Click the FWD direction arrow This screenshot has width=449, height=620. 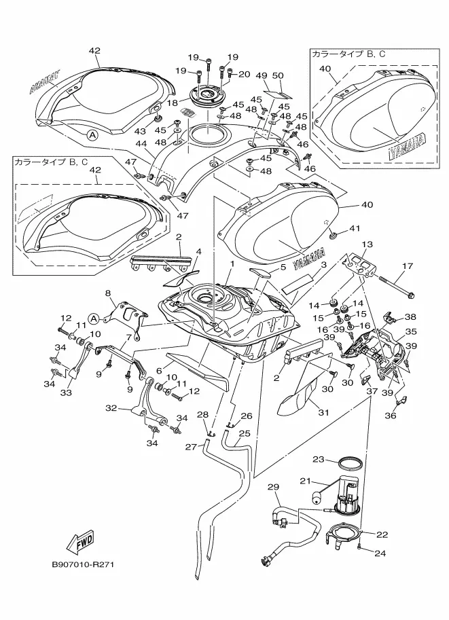79,541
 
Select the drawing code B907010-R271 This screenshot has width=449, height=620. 84,564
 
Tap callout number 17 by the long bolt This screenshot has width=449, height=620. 408,266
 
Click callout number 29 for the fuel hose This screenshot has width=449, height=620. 273,488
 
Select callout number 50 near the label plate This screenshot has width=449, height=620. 278,75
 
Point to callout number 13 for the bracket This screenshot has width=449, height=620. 367,244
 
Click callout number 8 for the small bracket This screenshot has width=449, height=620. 107,293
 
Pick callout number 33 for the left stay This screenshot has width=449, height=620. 67,392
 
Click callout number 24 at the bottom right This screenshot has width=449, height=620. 380,553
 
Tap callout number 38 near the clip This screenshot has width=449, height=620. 410,316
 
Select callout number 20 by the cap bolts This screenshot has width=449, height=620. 245,74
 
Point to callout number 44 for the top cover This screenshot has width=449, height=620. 141,145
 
